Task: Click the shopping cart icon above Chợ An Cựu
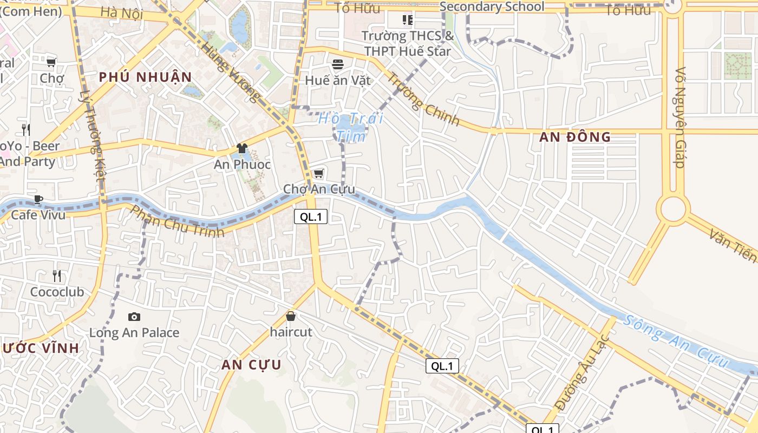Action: pyautogui.click(x=319, y=174)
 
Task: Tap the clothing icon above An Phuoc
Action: pyautogui.click(x=242, y=148)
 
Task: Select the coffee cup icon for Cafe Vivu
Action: pyautogui.click(x=38, y=199)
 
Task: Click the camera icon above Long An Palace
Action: pyautogui.click(x=134, y=317)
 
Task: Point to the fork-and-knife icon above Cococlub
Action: pyautogui.click(x=57, y=276)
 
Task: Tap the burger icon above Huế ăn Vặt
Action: pyautogui.click(x=338, y=64)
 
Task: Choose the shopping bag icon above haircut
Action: pyautogui.click(x=291, y=316)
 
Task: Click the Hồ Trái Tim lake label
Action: pyautogui.click(x=350, y=126)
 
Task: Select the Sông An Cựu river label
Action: pyautogui.click(x=675, y=341)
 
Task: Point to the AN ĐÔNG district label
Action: pyautogui.click(x=575, y=137)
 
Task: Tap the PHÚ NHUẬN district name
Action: pyautogui.click(x=146, y=77)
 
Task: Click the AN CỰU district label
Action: pyautogui.click(x=251, y=365)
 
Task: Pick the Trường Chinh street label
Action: pyautogui.click(x=423, y=99)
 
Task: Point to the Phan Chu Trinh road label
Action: pyautogui.click(x=178, y=221)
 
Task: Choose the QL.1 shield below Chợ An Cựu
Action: pyautogui.click(x=311, y=217)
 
